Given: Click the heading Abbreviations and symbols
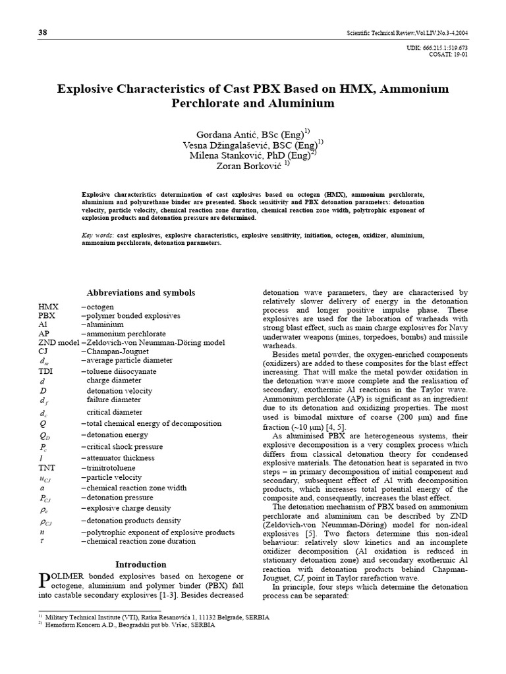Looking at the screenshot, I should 141,292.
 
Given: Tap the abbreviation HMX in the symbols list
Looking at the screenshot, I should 49,307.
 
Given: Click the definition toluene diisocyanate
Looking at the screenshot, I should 117,371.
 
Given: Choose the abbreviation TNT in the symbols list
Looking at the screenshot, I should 47,467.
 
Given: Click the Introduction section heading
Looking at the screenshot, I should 142,564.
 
